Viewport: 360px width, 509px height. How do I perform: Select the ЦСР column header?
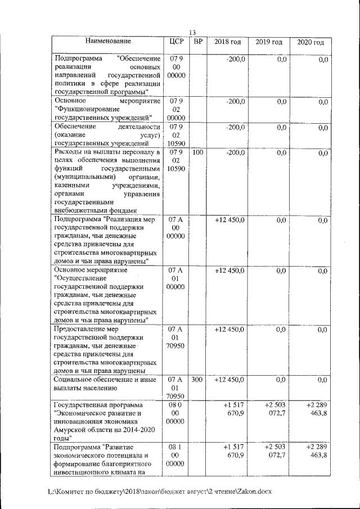click(176, 42)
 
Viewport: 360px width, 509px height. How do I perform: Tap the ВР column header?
click(197, 42)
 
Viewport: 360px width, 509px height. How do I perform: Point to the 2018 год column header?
click(227, 42)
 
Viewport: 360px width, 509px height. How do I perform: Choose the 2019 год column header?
click(269, 42)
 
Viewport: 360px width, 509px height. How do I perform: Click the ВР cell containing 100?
click(197, 153)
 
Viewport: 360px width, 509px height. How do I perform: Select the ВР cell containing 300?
click(197, 380)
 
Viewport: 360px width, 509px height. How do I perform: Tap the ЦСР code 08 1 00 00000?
click(176, 455)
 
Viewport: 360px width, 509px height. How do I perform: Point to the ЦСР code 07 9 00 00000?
click(176, 66)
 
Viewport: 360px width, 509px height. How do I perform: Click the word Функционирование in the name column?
click(85, 109)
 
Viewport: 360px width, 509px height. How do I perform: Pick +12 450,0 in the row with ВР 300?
click(229, 380)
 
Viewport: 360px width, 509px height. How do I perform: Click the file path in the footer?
click(160, 491)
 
